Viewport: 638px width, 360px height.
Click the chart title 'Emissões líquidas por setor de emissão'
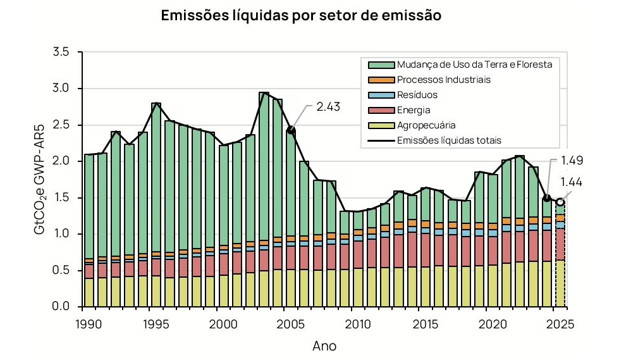pos(301,16)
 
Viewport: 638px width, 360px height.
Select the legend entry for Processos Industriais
pos(443,80)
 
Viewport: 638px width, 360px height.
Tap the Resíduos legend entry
pos(417,95)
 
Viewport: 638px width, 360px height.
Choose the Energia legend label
pos(414,110)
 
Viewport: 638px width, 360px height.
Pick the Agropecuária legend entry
pos(426,125)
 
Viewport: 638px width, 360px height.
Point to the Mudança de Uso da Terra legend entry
pos(474,65)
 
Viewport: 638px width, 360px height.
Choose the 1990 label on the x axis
pos(89,323)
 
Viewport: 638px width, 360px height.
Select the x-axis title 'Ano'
pos(324,346)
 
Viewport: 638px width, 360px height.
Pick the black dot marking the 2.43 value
pos(291,130)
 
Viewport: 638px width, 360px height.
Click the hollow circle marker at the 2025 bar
pos(560,202)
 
